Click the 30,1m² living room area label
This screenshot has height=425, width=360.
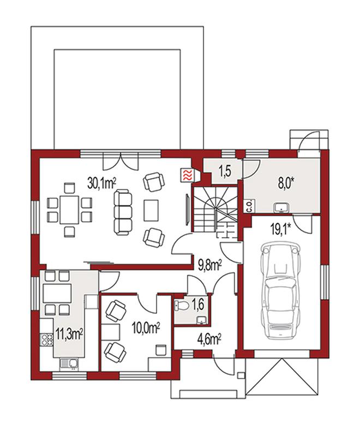click(101, 183)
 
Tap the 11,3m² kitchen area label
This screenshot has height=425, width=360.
click(69, 334)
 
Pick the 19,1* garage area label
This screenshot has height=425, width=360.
click(280, 229)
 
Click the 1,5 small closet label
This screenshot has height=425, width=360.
click(225, 172)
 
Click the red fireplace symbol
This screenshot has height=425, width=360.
click(188, 175)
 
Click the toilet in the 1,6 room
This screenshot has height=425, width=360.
click(181, 305)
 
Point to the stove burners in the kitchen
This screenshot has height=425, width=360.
click(47, 340)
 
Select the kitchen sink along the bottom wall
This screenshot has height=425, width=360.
click(69, 365)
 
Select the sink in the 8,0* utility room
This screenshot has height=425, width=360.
click(281, 208)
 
